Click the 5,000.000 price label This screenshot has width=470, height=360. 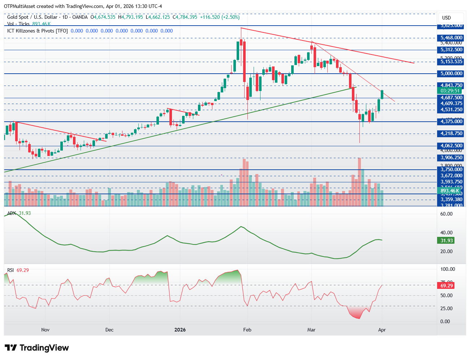[x=451, y=74]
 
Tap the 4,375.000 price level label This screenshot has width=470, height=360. [x=451, y=122]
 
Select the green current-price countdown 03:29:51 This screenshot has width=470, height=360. [x=450, y=91]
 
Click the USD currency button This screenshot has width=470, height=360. [x=447, y=18]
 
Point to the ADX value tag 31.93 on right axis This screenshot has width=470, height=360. [x=447, y=240]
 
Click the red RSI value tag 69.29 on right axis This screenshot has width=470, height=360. [x=447, y=286]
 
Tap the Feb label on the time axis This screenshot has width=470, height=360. [x=247, y=330]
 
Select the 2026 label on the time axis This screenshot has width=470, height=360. [x=180, y=330]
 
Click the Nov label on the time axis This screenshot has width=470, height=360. [x=45, y=330]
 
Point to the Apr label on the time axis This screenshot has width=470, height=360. [x=382, y=330]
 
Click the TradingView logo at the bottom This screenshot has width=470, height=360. [x=36, y=348]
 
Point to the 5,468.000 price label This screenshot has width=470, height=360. [x=451, y=38]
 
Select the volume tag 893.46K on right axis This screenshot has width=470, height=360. [x=450, y=191]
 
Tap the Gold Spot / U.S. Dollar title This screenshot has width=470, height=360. [x=32, y=17]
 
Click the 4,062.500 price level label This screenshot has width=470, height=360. [x=451, y=146]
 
